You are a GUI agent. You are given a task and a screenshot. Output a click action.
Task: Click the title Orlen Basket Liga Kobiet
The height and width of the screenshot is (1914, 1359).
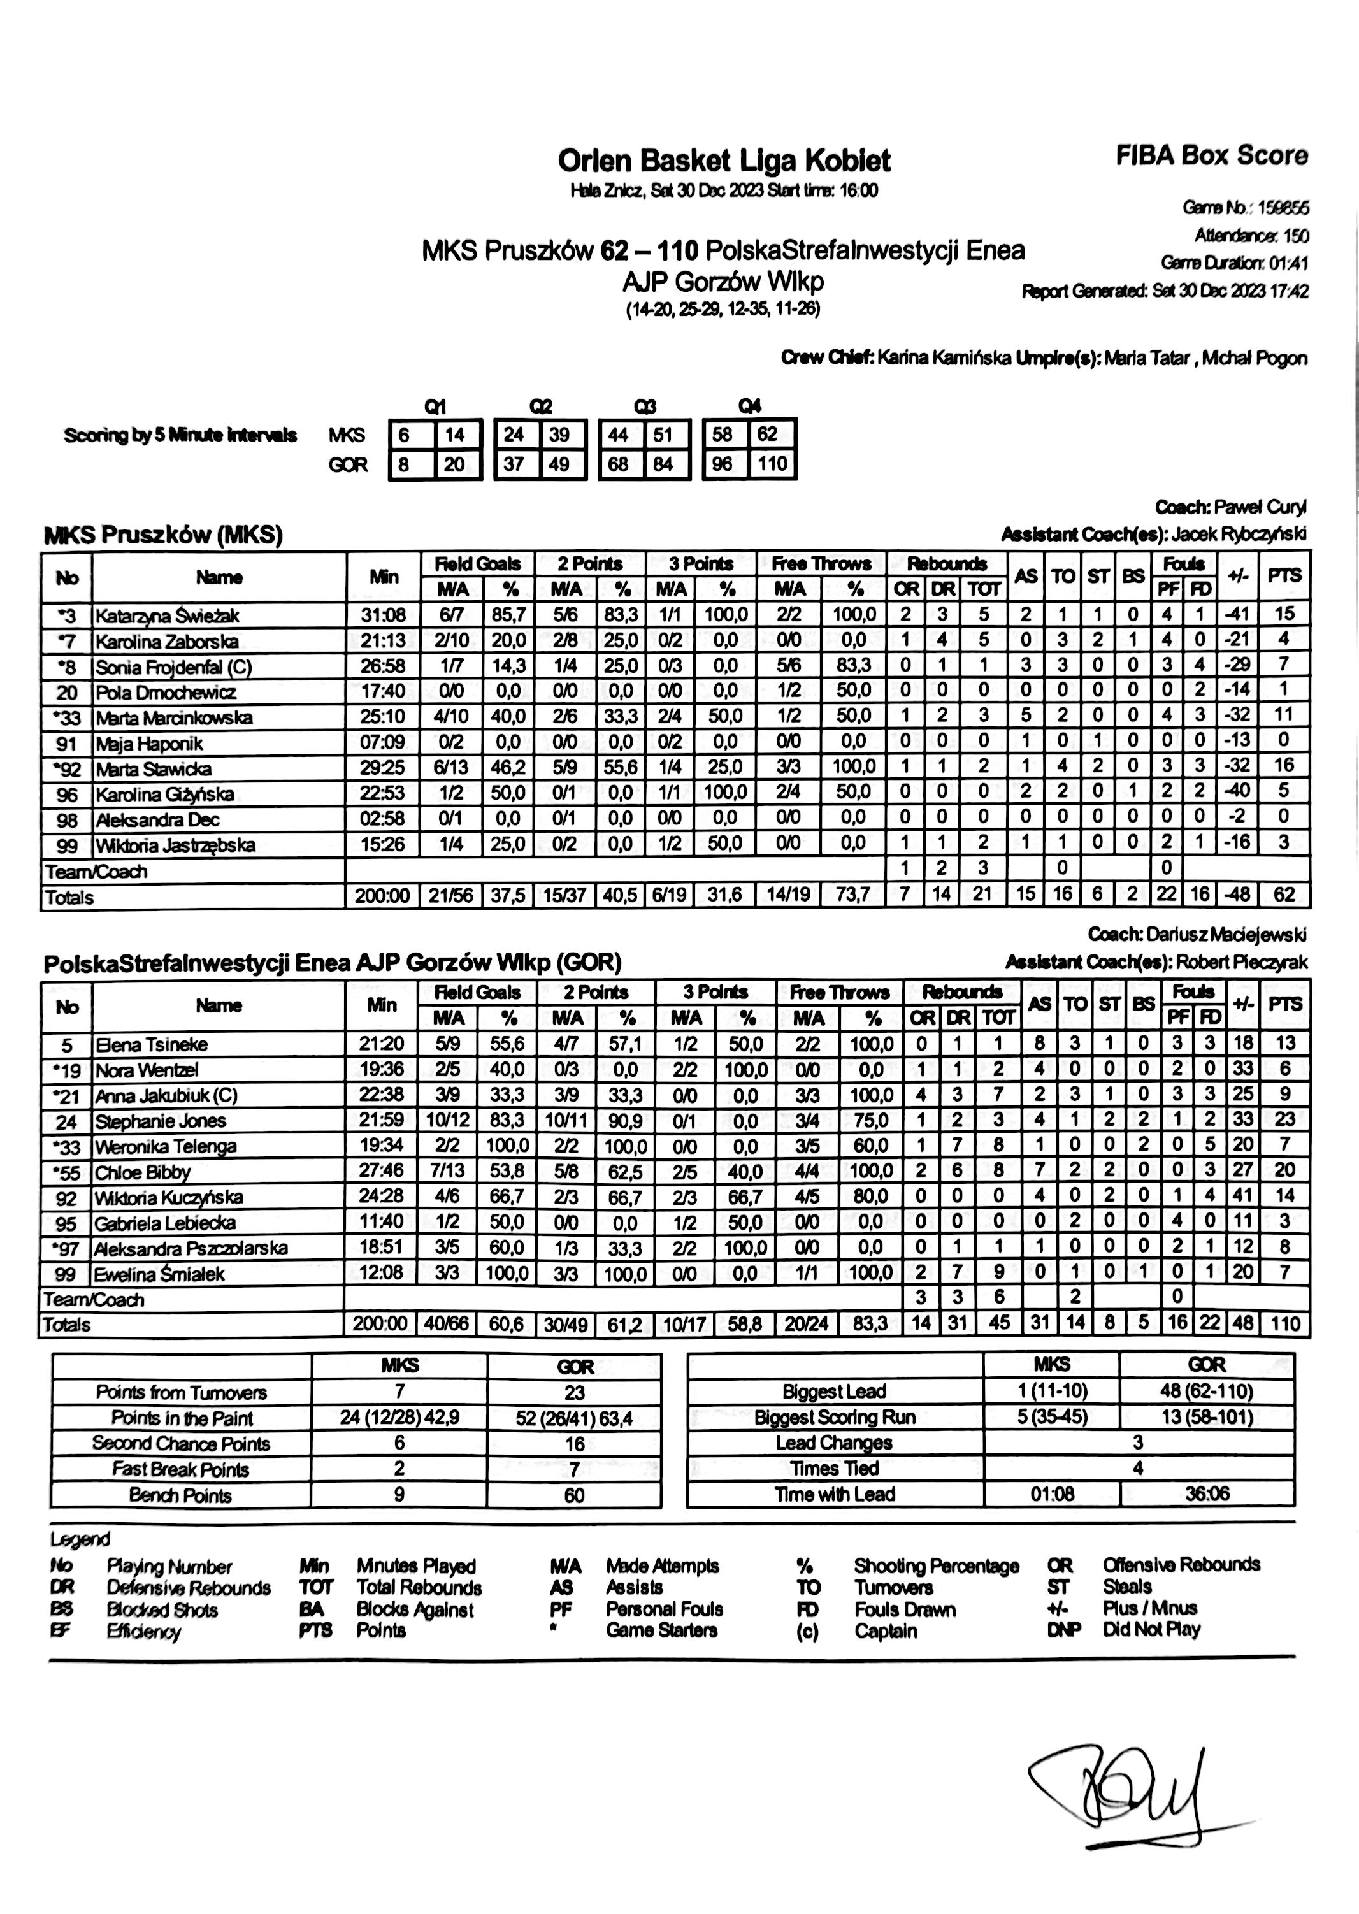[x=724, y=161]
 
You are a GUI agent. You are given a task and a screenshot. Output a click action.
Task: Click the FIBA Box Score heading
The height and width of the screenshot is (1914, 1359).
[x=1211, y=155]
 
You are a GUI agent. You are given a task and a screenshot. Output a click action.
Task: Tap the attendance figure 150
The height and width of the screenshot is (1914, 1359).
[x=1295, y=236]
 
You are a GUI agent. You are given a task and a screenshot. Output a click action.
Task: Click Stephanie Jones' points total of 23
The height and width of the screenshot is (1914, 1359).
[x=1284, y=1119]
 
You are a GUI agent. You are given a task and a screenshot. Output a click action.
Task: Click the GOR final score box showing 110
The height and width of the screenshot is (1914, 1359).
[x=772, y=464]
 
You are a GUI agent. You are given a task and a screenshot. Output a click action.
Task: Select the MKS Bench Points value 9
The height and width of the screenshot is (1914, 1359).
[x=399, y=1495]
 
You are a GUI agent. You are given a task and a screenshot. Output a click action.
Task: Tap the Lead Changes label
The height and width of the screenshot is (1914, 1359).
[x=833, y=1443]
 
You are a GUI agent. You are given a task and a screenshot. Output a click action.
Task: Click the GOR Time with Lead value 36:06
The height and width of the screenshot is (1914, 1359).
[x=1207, y=1494]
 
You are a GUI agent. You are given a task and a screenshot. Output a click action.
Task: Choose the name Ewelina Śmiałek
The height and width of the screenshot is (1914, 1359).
[x=159, y=1274]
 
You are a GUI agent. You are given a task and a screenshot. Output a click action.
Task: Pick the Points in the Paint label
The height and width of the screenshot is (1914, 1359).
[x=182, y=1418]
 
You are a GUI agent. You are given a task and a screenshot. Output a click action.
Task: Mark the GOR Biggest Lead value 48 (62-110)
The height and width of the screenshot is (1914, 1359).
[x=1207, y=1391]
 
